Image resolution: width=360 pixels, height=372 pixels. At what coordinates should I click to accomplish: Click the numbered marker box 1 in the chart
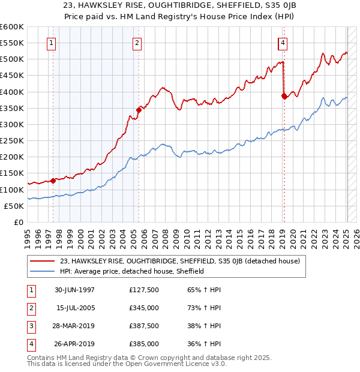tap(52, 43)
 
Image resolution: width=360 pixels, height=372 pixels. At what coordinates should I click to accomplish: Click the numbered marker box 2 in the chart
tap(137, 43)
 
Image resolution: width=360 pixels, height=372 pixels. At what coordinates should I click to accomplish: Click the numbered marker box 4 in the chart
tap(282, 43)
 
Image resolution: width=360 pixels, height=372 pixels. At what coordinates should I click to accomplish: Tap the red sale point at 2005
tap(139, 109)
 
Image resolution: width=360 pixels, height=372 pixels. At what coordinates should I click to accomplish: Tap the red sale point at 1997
tap(53, 180)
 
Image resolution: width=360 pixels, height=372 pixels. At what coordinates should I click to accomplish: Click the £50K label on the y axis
tap(14, 206)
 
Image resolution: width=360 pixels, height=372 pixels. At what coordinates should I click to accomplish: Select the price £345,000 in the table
tap(144, 308)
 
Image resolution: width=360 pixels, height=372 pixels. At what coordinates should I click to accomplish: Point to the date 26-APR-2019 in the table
tap(75, 344)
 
